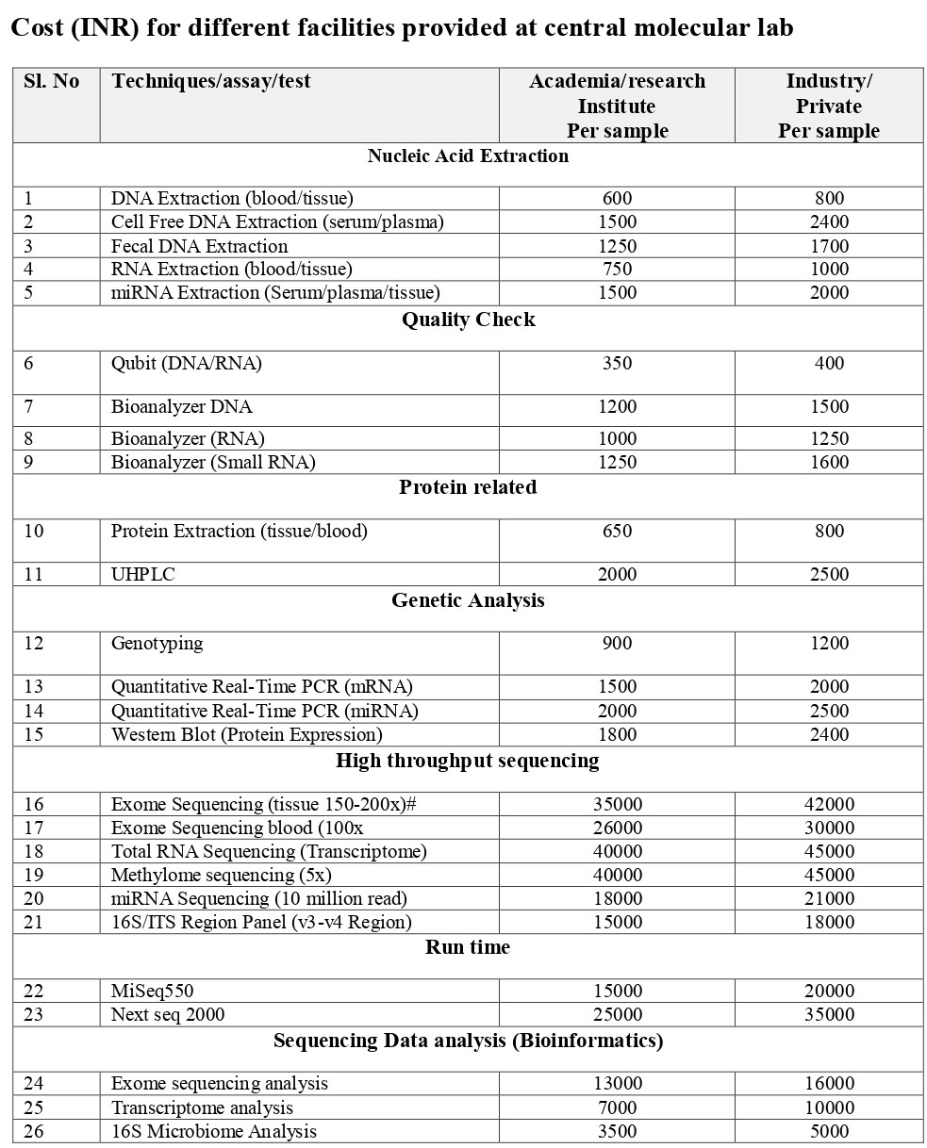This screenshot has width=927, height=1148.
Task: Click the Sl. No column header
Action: click(x=51, y=82)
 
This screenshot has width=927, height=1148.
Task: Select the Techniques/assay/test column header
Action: click(x=211, y=82)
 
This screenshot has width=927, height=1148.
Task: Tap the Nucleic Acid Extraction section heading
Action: click(x=468, y=156)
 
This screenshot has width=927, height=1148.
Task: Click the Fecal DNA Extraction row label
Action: click(x=199, y=246)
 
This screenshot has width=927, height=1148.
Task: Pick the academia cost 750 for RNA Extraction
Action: click(x=617, y=270)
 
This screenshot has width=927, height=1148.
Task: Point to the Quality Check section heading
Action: click(x=468, y=320)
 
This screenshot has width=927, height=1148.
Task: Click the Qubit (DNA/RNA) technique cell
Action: click(x=187, y=364)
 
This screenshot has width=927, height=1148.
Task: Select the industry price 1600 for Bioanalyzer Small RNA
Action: click(x=829, y=462)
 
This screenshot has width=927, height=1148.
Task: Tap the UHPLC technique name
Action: click(x=143, y=574)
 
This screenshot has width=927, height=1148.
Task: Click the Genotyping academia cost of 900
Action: click(x=617, y=644)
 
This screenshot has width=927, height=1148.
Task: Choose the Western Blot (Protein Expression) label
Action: click(x=246, y=734)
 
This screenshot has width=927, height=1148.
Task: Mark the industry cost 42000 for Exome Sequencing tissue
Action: click(x=829, y=804)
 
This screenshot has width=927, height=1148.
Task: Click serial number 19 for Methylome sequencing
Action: click(x=34, y=875)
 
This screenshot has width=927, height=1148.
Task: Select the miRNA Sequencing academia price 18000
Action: click(x=617, y=898)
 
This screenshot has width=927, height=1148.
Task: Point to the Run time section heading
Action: click(x=468, y=947)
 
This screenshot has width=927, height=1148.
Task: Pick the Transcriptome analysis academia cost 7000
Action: click(x=617, y=1108)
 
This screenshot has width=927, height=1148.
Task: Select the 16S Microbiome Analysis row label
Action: click(x=213, y=1132)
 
